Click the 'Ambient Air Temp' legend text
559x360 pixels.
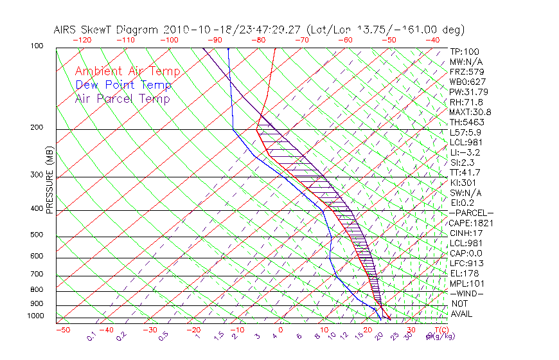(x=127, y=71)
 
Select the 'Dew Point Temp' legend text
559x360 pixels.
(x=123, y=85)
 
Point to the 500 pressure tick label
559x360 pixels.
(x=37, y=235)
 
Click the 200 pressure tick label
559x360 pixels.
(x=37, y=128)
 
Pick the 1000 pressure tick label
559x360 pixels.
(x=36, y=316)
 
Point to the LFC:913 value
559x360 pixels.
(x=466, y=263)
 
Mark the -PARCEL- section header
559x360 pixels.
(x=471, y=213)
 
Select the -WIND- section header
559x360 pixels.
(x=467, y=293)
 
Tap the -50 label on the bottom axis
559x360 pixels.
(x=62, y=330)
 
